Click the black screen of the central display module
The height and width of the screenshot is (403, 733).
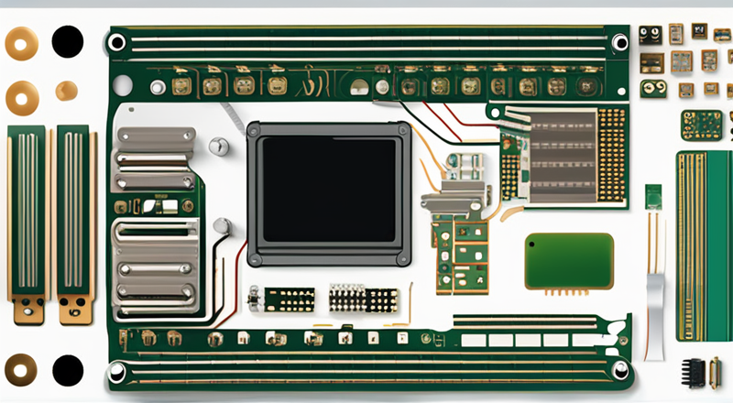(x=328, y=191)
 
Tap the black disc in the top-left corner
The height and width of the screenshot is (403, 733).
(x=67, y=41)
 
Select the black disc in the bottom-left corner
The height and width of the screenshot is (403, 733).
(x=67, y=370)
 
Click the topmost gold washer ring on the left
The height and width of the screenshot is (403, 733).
(x=21, y=41)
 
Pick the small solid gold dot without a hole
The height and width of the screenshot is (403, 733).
(x=66, y=91)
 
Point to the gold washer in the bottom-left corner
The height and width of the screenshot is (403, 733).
(x=21, y=370)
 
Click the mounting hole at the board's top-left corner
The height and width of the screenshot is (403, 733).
(x=116, y=42)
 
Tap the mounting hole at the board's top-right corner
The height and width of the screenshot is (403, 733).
(x=620, y=42)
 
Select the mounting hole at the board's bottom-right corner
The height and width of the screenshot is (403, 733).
(x=620, y=370)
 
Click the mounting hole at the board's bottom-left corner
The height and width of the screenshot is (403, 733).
(x=116, y=370)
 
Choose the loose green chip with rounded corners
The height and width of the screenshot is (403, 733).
(x=568, y=260)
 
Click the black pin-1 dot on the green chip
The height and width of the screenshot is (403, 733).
(x=534, y=245)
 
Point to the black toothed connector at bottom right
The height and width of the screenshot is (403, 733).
(x=696, y=371)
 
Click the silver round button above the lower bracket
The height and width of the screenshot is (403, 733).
(x=221, y=225)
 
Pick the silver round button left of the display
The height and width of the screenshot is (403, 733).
(x=218, y=146)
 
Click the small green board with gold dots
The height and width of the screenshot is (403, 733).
(x=701, y=125)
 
